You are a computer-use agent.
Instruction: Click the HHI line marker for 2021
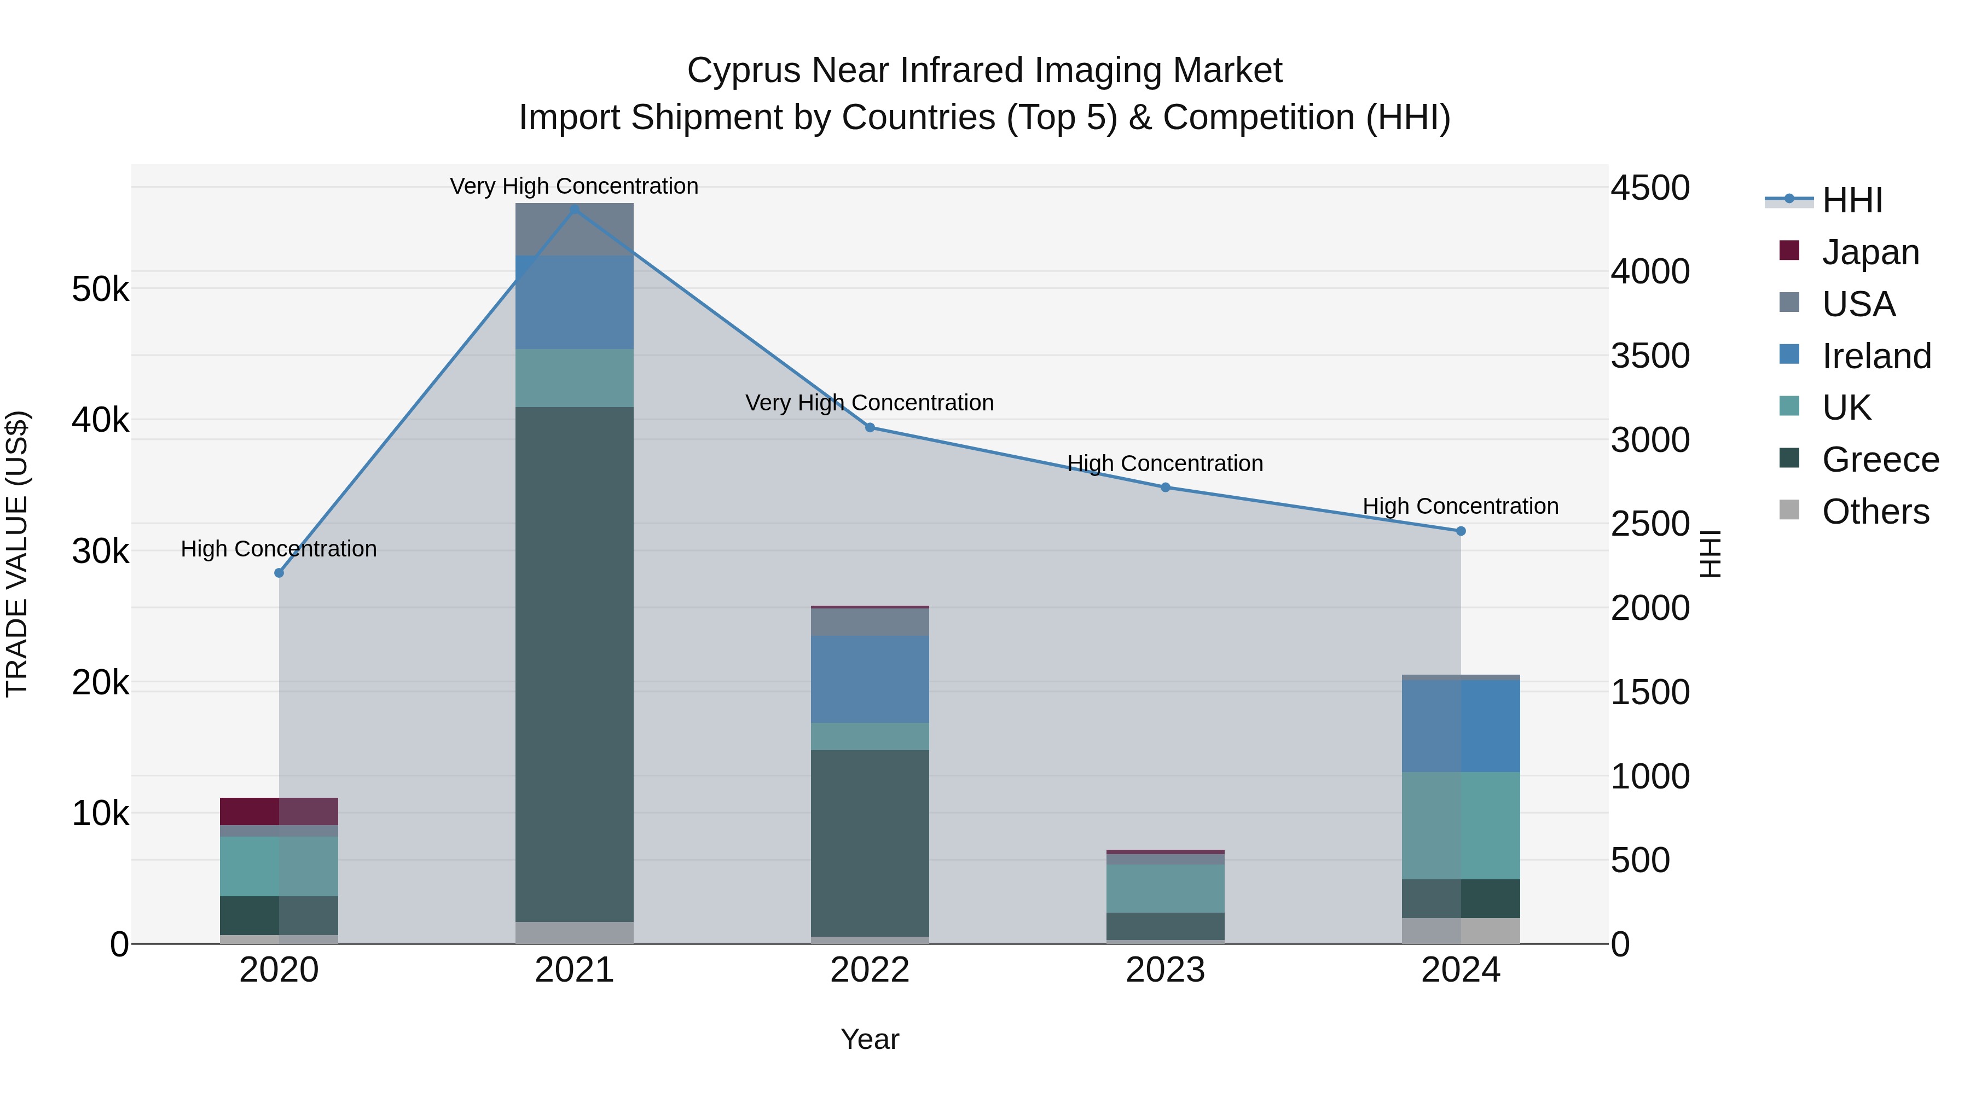pyautogui.click(x=575, y=209)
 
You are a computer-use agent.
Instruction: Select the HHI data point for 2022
pyautogui.click(x=870, y=427)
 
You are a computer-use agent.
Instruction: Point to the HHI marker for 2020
pyautogui.click(x=279, y=573)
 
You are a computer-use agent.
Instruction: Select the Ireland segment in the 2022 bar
pyautogui.click(x=870, y=679)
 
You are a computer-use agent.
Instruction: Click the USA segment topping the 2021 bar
pyautogui.click(x=575, y=229)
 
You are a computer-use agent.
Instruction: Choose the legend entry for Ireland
pyautogui.click(x=1875, y=356)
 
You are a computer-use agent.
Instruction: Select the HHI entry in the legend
pyautogui.click(x=1851, y=200)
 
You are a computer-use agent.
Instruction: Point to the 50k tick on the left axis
pyautogui.click(x=100, y=289)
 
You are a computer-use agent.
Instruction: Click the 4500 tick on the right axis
pyautogui.click(x=1649, y=188)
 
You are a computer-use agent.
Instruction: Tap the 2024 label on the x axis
pyautogui.click(x=1460, y=970)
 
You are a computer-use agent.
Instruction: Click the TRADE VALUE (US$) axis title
pyautogui.click(x=17, y=554)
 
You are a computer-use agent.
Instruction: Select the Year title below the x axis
pyautogui.click(x=870, y=1039)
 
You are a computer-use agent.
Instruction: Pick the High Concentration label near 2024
pyautogui.click(x=1460, y=506)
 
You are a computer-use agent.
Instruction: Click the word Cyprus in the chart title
pyautogui.click(x=743, y=71)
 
